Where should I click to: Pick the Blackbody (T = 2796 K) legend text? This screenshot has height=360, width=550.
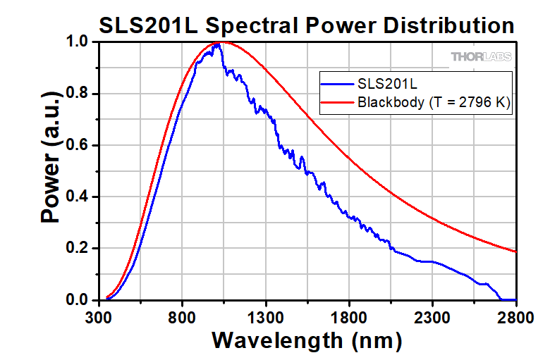coord(434,103)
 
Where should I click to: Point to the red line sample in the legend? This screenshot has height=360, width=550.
coord(337,103)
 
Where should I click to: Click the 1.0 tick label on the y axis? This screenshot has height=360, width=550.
coord(78,42)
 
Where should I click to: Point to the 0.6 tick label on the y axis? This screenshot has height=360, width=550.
coord(78,146)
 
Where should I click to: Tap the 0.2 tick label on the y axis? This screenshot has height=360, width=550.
coord(78,249)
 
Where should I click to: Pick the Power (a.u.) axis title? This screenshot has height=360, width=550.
coord(51,171)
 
